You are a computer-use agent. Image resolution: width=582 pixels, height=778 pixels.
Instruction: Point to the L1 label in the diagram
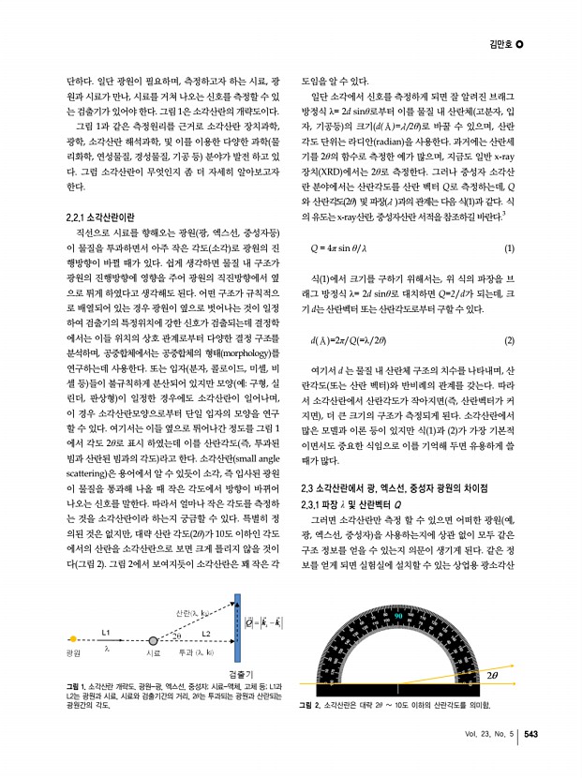point(106,605)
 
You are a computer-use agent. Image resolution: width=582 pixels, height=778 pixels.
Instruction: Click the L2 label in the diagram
point(206,606)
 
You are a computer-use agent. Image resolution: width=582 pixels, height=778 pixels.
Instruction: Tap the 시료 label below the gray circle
point(155,651)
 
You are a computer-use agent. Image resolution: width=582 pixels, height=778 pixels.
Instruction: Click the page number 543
point(530,735)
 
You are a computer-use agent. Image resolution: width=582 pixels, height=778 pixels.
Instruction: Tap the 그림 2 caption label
point(307,704)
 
